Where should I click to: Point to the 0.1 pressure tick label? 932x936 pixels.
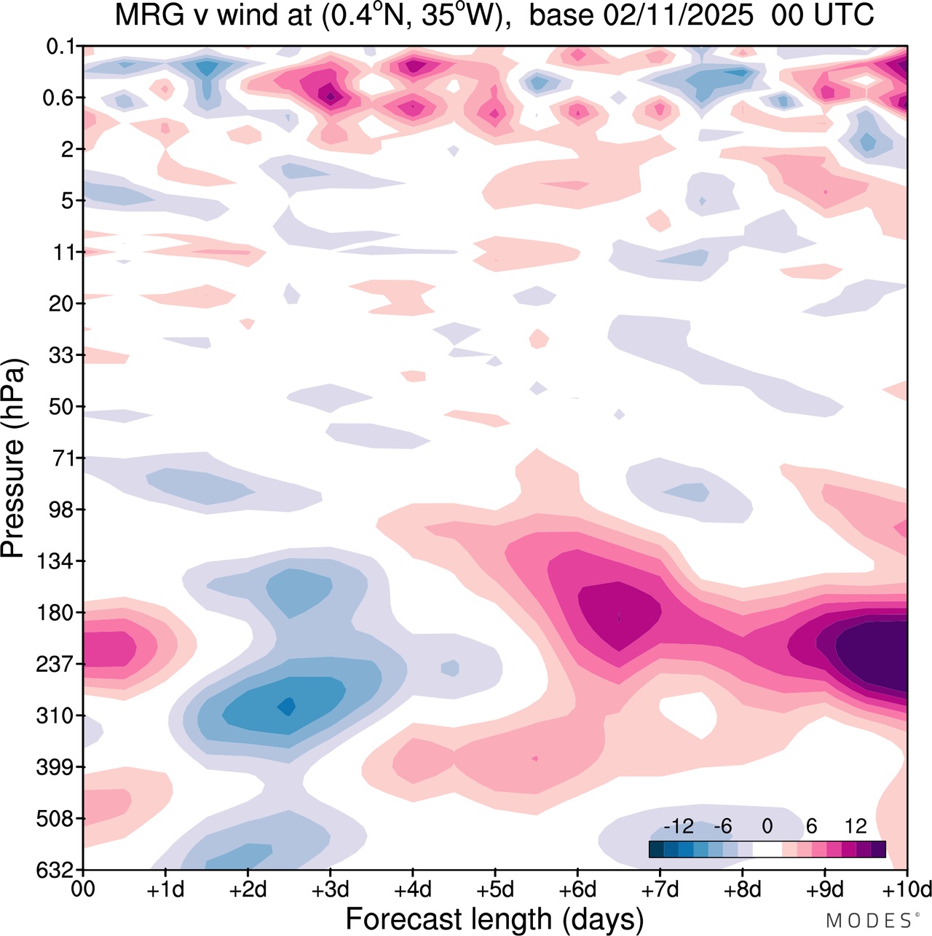(60, 47)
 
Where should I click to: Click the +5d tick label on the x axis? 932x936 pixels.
(494, 889)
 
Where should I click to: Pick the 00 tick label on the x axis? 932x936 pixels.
(83, 889)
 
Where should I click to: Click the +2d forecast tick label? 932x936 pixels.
(248, 889)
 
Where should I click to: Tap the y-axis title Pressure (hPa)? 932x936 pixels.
(13, 459)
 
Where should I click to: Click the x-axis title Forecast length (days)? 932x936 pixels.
(494, 919)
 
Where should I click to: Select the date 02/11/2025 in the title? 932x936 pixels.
(641, 15)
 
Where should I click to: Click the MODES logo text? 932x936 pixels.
(869, 921)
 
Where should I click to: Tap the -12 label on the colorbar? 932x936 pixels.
(679, 826)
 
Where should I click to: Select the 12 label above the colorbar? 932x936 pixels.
(856, 826)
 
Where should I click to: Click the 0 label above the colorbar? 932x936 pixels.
(767, 826)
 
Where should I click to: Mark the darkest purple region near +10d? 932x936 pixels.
(874, 651)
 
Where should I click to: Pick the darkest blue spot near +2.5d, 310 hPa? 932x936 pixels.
(288, 705)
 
